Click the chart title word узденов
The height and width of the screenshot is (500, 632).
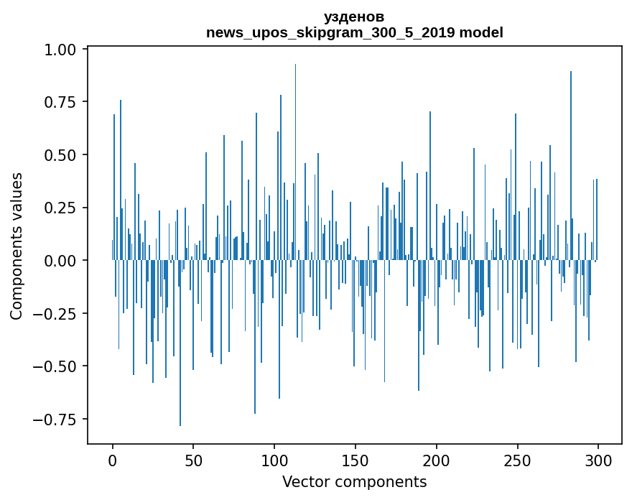[x=354, y=17]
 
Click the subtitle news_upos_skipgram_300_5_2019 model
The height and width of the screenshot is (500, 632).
[x=354, y=32]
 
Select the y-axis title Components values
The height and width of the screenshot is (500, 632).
[x=17, y=246]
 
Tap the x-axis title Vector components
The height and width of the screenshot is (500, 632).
[x=354, y=481]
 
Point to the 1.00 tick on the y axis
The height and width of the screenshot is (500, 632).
[x=64, y=50]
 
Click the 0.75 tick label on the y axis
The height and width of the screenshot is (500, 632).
[x=64, y=102]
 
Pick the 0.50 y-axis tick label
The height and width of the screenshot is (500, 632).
[x=64, y=155]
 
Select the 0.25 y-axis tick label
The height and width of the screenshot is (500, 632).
[x=64, y=208]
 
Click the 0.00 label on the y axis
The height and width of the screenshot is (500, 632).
[x=64, y=261]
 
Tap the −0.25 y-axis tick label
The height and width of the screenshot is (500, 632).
[x=60, y=313]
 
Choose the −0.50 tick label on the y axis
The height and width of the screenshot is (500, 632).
[x=60, y=366]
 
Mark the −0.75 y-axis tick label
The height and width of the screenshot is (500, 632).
[x=60, y=419]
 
